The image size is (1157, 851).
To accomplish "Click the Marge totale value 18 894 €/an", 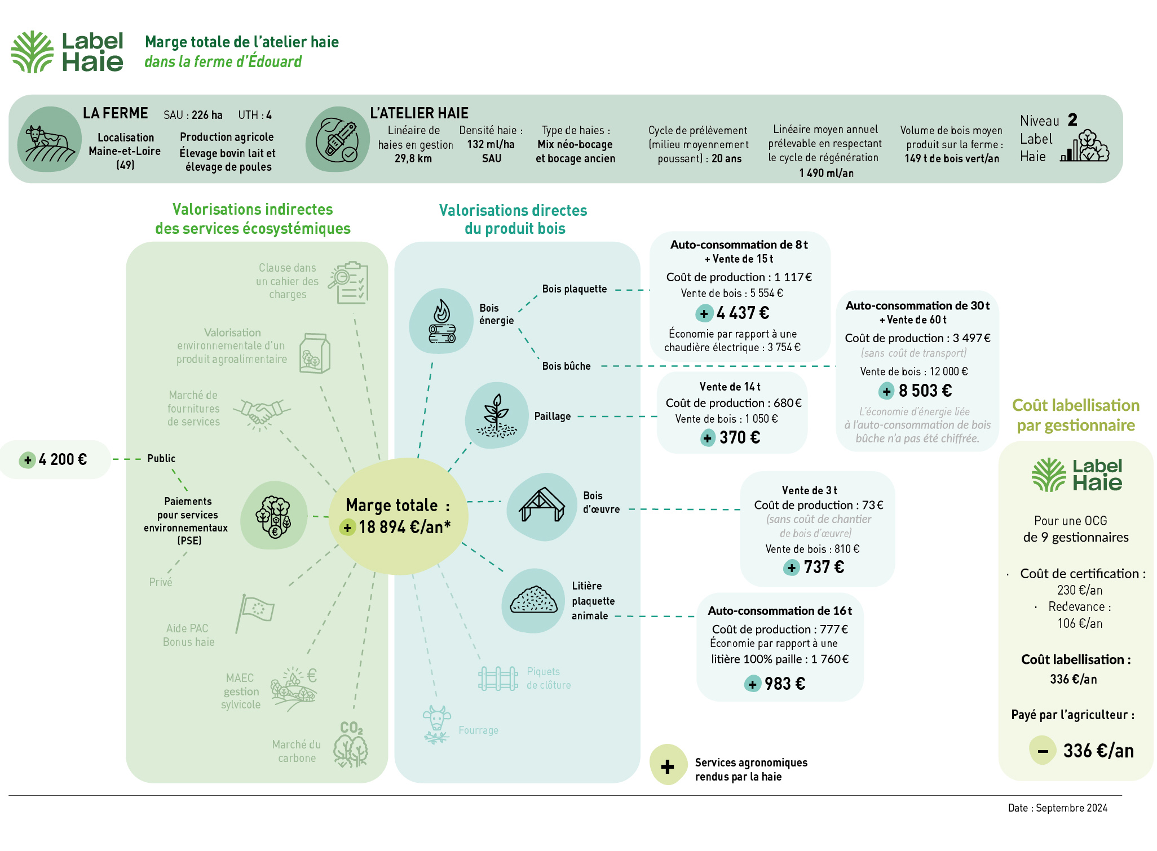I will coord(404,527).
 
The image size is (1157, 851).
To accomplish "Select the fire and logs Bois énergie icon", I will coord(441,321).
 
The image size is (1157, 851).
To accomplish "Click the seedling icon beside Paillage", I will coord(496,416).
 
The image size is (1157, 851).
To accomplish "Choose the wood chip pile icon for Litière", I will coord(533,600).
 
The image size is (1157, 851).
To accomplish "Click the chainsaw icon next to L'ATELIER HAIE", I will coord(337,139).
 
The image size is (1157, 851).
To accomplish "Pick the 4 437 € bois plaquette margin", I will coord(742,313).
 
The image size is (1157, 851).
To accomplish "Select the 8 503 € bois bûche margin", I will coord(925,391).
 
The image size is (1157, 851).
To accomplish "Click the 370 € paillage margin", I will coord(739,437).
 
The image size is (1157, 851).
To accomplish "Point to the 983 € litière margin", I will coord(784,684).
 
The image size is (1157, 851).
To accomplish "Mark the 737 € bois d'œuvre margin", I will coord(823,567).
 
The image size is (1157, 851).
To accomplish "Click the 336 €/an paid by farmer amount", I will coord(1098,751).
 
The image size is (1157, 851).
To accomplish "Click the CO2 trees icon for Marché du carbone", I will coord(351,744).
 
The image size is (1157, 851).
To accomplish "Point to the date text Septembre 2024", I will coord(1071,808).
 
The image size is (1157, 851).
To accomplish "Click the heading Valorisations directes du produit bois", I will coord(514,219).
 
